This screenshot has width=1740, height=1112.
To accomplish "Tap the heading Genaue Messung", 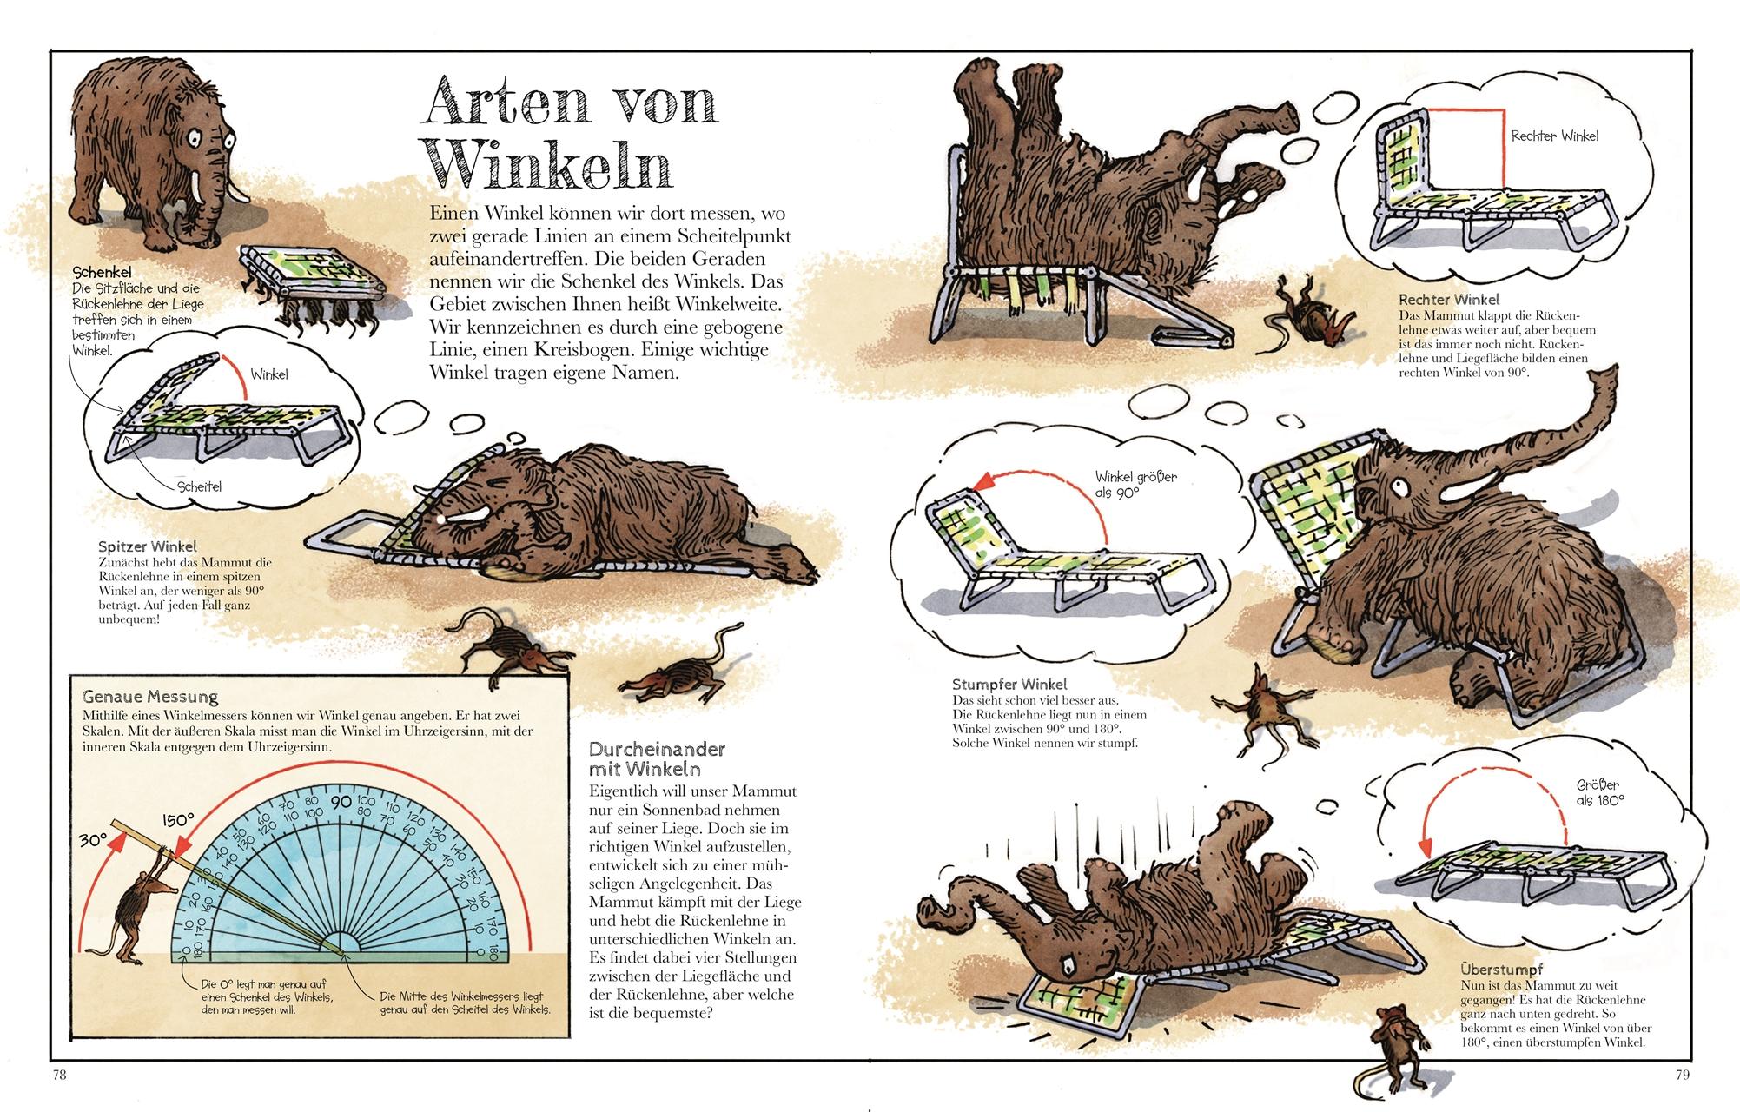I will coord(149,697).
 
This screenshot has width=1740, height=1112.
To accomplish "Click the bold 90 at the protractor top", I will coord(340,801).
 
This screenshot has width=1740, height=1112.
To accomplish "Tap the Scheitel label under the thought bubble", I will coord(199,486).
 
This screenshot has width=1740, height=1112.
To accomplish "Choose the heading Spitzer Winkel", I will coord(148,546).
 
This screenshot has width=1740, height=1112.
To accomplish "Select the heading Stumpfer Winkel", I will coord(1009,685).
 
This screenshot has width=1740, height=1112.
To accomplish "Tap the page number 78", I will coord(59,1075).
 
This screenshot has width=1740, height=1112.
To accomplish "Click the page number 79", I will coord(1681,1075).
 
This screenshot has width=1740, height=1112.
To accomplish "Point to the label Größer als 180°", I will coord(1599,793).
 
